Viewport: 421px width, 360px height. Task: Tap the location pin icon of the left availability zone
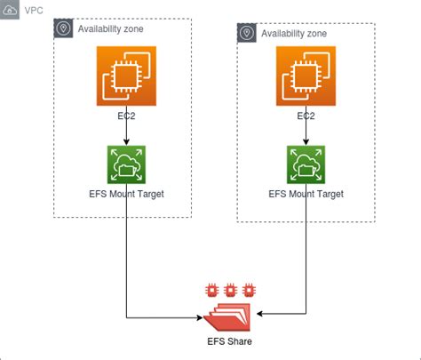point(64,28)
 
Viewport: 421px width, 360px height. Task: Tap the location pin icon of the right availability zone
point(247,34)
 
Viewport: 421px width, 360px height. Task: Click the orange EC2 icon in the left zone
point(126,76)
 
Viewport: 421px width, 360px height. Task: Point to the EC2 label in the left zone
point(126,116)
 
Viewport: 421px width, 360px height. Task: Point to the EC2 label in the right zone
point(306,116)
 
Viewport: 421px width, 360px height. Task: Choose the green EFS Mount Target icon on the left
point(126,165)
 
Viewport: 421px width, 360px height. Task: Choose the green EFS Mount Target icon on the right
point(306,165)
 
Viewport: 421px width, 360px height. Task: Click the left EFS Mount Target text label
point(126,194)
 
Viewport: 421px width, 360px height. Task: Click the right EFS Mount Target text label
point(306,194)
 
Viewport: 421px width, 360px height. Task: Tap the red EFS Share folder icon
point(229,313)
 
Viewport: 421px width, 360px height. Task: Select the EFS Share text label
point(229,342)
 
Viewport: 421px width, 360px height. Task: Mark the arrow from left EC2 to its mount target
point(126,134)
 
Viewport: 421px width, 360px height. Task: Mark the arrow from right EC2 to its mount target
point(306,134)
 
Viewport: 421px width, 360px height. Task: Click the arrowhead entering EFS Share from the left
point(199,317)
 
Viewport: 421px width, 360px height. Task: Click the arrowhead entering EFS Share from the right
point(261,313)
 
